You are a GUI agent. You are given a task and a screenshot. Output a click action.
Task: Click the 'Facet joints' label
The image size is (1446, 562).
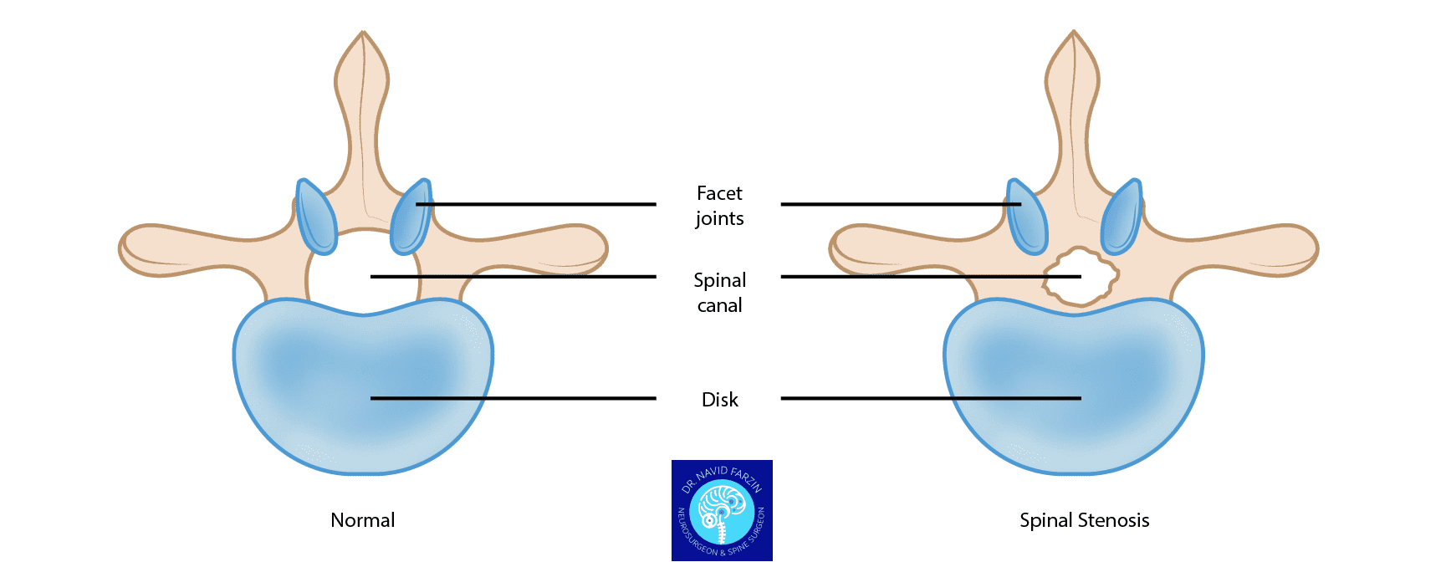pyautogui.click(x=719, y=206)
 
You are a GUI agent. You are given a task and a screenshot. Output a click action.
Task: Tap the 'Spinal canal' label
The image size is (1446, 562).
pyautogui.click(x=719, y=293)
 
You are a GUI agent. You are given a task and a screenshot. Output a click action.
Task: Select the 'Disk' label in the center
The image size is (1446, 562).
pyautogui.click(x=719, y=400)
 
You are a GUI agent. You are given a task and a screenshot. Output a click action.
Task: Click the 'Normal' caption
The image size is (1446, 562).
pyautogui.click(x=362, y=520)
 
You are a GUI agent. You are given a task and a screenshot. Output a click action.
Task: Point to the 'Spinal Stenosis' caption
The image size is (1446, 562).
pyautogui.click(x=1084, y=520)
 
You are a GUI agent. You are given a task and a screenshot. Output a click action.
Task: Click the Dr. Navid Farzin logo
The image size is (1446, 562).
pyautogui.click(x=722, y=510)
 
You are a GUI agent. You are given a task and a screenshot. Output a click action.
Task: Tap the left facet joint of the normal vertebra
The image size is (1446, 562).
pyautogui.click(x=316, y=217)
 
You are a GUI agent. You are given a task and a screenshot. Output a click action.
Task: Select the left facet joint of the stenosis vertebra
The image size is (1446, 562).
pyautogui.click(x=1027, y=217)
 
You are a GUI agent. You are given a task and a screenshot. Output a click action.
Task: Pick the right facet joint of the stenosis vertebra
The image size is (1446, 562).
pyautogui.click(x=1122, y=217)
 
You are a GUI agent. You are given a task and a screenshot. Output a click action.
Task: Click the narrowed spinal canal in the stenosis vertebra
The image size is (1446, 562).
pyautogui.click(x=1080, y=277)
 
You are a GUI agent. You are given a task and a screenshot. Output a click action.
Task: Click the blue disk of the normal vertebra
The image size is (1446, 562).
pyautogui.click(x=362, y=385)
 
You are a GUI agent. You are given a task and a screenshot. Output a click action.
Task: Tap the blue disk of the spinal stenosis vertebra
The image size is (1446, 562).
pyautogui.click(x=1074, y=385)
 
